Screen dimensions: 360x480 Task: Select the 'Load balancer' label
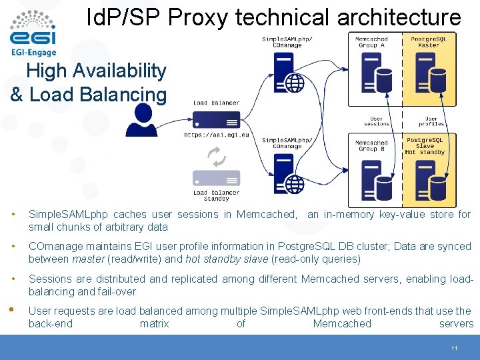(x=216, y=103)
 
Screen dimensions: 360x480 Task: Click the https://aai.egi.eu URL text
(x=216, y=135)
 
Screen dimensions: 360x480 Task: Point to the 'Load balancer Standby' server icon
(x=216, y=179)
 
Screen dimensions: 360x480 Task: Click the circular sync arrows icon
(x=217, y=157)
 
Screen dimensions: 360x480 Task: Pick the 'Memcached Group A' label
(x=371, y=42)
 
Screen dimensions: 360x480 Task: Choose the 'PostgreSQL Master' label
(x=429, y=42)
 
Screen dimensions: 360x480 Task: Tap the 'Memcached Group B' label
(x=371, y=145)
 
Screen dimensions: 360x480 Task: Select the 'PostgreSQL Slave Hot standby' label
(x=425, y=146)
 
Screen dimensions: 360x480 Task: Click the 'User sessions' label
(x=377, y=121)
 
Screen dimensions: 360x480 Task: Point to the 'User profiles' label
(x=431, y=121)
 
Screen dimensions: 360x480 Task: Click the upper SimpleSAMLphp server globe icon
(x=295, y=83)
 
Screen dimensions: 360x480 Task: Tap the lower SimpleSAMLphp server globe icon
(x=295, y=183)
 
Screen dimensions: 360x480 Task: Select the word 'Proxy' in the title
(x=200, y=17)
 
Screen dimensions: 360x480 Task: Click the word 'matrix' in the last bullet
(x=154, y=323)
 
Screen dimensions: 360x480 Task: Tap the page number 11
(x=453, y=349)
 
